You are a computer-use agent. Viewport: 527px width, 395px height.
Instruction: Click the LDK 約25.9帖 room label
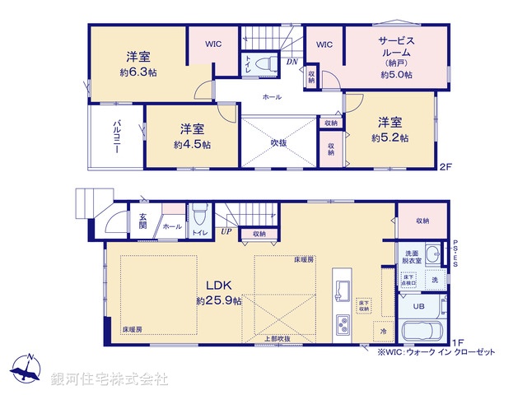coord(218,293)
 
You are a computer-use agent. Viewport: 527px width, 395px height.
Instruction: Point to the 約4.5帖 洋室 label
coord(192,137)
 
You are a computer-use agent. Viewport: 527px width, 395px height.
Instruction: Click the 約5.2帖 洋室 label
coord(390,130)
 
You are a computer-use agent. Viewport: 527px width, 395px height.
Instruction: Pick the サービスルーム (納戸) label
coord(396,56)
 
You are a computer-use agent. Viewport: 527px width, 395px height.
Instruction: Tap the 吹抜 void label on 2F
coord(278,142)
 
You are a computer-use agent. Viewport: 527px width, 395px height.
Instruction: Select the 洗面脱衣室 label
coord(413,256)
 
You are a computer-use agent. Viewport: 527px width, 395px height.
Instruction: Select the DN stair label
coord(291,61)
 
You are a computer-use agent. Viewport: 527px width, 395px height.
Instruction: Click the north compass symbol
coord(28,367)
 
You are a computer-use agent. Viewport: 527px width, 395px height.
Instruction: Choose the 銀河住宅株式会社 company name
coord(109,379)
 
